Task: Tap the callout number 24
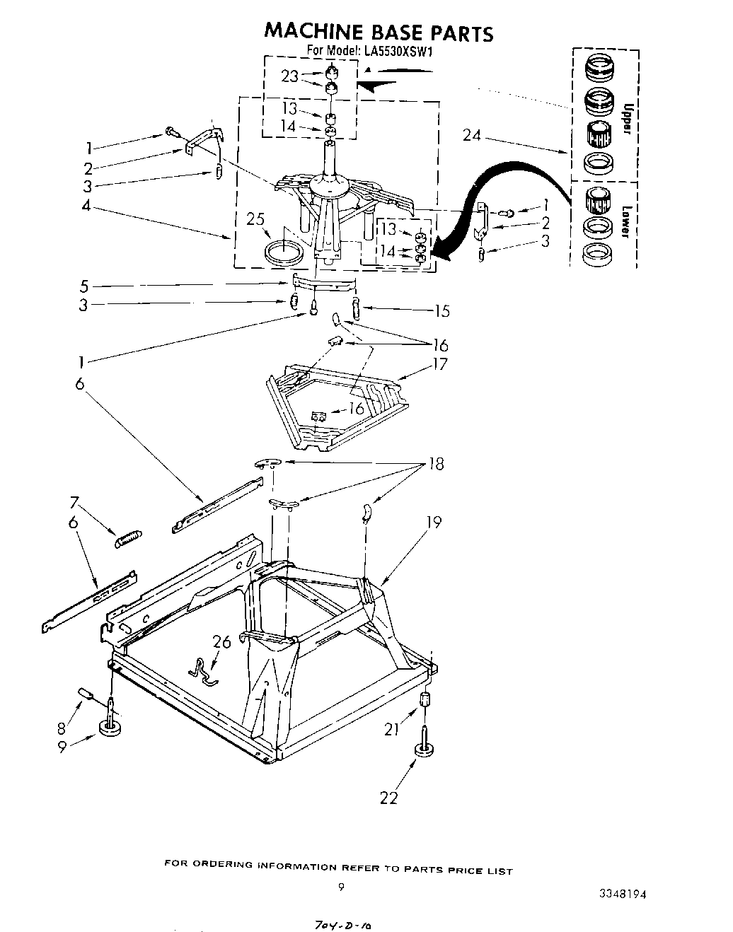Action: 472,134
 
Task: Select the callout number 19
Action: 434,522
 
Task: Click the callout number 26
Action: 221,641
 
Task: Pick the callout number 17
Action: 440,365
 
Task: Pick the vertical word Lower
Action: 625,221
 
